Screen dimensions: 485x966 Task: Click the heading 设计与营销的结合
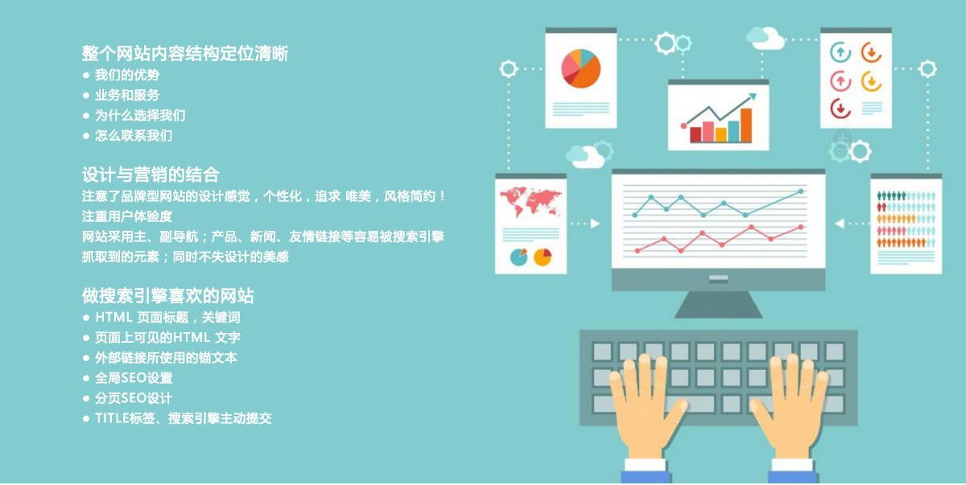[x=151, y=175]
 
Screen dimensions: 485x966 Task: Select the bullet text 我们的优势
[x=127, y=75]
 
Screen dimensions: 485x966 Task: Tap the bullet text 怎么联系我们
[x=134, y=135]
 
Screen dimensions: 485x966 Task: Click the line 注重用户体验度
[x=127, y=216]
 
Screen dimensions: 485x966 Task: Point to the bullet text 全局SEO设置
[x=134, y=377]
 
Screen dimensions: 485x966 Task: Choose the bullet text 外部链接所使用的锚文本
[x=166, y=357]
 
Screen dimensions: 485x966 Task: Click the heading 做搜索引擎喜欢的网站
[x=168, y=295]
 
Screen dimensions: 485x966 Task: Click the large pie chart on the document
[x=581, y=68]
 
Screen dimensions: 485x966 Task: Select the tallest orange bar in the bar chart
[x=745, y=125]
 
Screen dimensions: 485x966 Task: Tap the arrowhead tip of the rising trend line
[x=755, y=95]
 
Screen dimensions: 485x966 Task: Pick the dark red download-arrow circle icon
[x=840, y=107]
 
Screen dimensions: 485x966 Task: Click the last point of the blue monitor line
[x=801, y=191]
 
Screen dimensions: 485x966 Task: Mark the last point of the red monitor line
[x=801, y=227]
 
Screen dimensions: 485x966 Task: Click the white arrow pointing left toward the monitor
[x=840, y=224]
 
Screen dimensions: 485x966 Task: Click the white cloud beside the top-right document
[x=765, y=37]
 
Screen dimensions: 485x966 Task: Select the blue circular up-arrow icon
[x=840, y=53]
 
